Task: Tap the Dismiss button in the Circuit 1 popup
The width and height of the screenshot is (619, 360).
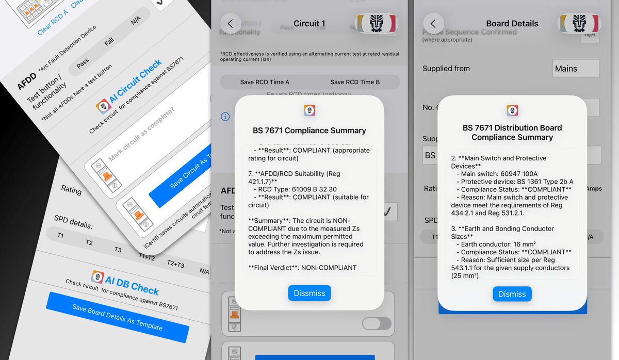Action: (309, 293)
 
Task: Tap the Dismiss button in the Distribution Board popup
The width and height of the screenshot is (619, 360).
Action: (512, 294)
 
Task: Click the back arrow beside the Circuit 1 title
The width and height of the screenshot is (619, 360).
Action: (231, 23)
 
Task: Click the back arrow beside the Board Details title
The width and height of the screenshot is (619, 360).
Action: (433, 23)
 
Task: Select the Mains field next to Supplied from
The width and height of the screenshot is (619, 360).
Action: (576, 69)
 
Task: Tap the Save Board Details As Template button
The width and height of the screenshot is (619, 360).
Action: (117, 317)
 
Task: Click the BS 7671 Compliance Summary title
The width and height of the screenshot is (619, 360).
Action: (309, 130)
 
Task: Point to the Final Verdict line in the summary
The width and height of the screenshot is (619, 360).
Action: (302, 268)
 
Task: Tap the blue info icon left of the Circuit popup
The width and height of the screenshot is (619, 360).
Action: (225, 117)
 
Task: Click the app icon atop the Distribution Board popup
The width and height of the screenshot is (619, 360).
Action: (512, 110)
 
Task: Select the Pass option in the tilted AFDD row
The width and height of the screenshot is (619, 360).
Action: (83, 63)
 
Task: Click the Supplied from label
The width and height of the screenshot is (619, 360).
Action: (446, 69)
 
